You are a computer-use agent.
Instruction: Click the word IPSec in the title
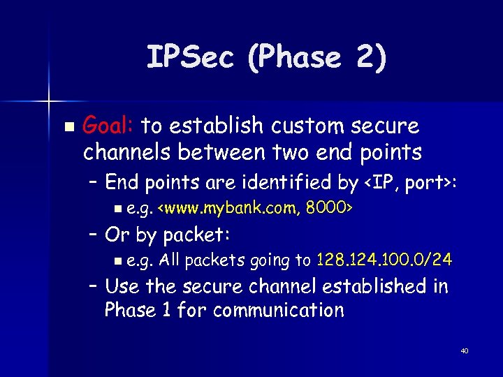190,58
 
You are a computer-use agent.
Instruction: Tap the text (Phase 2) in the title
314,58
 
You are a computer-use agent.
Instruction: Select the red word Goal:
108,126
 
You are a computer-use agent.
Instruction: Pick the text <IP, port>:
411,183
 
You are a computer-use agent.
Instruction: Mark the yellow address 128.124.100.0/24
384,260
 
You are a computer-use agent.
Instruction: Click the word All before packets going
170,260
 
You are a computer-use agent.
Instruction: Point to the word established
370,286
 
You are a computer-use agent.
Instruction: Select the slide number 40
464,350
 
